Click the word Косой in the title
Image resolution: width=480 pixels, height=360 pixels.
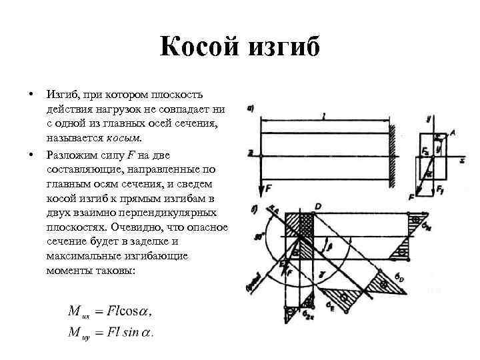point(201,49)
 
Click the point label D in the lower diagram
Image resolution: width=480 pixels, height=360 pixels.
point(318,207)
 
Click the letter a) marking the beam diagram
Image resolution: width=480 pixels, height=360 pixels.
point(250,109)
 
